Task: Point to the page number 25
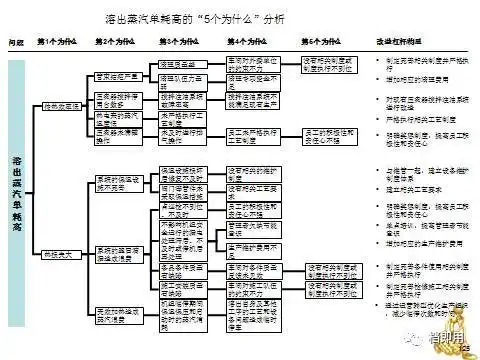point(465,347)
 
